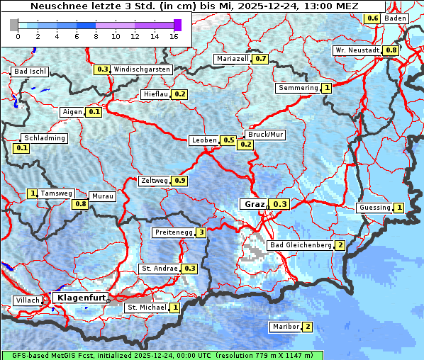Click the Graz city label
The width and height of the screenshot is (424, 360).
point(254,204)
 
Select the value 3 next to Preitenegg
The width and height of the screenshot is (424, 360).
point(201,232)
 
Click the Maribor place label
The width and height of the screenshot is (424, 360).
point(285,327)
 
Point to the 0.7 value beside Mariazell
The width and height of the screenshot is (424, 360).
point(260,59)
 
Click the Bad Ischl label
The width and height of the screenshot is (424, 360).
point(30,72)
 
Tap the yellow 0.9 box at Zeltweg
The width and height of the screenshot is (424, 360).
point(179,181)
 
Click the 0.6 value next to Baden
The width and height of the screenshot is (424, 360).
point(372,18)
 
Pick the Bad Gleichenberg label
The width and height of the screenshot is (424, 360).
point(300,245)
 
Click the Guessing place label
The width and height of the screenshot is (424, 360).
point(374,208)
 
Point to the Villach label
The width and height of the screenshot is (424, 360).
point(28,300)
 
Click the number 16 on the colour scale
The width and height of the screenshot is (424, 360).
point(174,36)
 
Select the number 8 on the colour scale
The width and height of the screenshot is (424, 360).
point(96,36)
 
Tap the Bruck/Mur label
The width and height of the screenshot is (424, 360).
point(264,134)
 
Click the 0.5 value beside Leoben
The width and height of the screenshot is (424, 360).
point(228,140)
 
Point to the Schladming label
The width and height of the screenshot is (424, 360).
point(44,138)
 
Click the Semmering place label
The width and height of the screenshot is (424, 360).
point(299,88)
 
